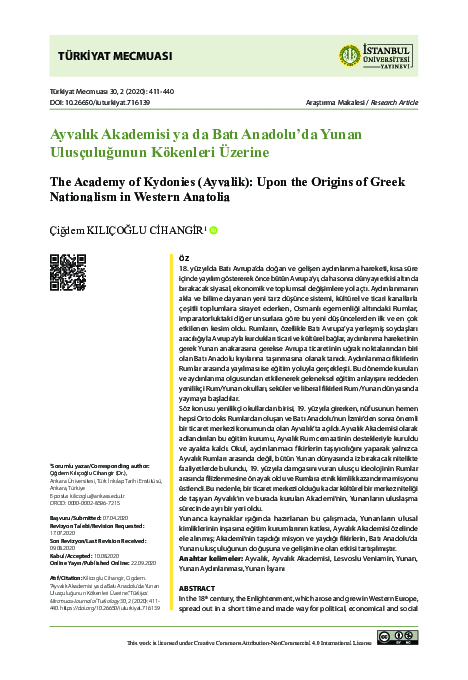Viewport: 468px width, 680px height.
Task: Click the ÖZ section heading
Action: [x=183, y=257]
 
